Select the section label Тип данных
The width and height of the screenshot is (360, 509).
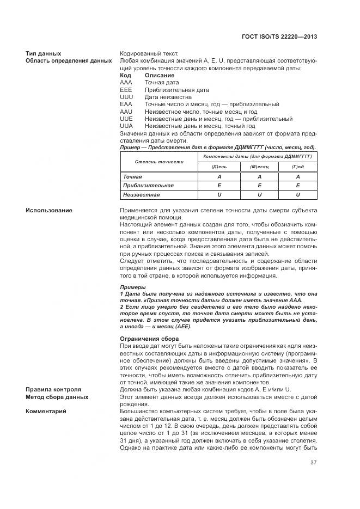pyautogui.click(x=43, y=53)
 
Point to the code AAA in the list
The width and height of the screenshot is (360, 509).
pyautogui.click(x=126, y=82)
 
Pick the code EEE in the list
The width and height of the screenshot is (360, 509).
pyautogui.click(x=126, y=89)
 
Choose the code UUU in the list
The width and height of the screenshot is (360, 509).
pyautogui.click(x=126, y=97)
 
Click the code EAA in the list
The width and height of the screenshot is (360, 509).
pyautogui.click(x=126, y=104)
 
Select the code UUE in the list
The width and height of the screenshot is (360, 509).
pyautogui.click(x=126, y=119)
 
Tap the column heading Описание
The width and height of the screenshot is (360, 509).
pyautogui.click(x=160, y=75)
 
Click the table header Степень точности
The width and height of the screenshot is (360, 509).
pyautogui.click(x=160, y=162)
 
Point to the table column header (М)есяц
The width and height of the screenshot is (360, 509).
pyautogui.click(x=259, y=167)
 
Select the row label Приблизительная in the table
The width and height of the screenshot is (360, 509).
pyautogui.click(x=148, y=186)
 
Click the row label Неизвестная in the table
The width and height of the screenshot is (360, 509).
pyautogui.click(x=141, y=194)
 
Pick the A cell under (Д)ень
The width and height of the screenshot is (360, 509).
pyautogui.click(x=219, y=177)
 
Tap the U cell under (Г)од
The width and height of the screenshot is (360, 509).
pyautogui.click(x=298, y=194)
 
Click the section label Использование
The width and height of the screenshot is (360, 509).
pyautogui.click(x=49, y=210)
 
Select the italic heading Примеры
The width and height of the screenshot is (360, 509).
pyautogui.click(x=132, y=287)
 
